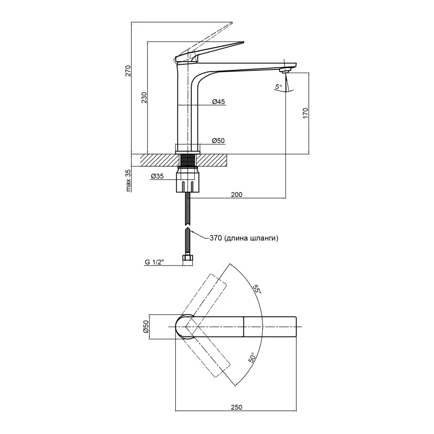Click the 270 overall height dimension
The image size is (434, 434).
127,70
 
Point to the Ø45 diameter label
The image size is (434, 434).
218,102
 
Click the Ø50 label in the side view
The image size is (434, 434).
218,141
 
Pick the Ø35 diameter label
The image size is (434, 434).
157,176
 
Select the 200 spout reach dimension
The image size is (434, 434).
237,194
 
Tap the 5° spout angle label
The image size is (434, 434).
278,87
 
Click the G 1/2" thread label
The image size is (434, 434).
155,262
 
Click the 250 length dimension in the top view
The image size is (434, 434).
236,407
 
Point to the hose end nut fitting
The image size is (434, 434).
187,260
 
